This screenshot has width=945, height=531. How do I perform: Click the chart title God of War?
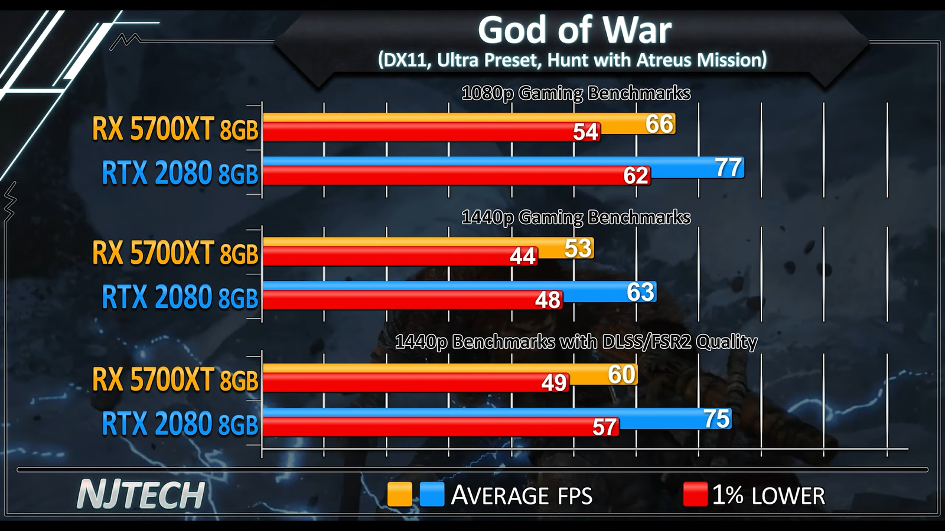pyautogui.click(x=574, y=31)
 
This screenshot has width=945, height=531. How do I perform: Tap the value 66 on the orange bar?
pyautogui.click(x=659, y=124)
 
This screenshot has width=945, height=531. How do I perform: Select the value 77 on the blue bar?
pyautogui.click(x=728, y=168)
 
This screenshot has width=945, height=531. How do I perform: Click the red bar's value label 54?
pyautogui.click(x=586, y=132)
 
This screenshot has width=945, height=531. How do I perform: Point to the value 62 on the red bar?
pyautogui.click(x=636, y=176)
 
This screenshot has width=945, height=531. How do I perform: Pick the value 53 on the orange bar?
pyautogui.click(x=578, y=248)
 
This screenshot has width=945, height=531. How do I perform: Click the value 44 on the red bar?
pyautogui.click(x=523, y=257)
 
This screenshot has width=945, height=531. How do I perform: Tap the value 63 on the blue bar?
pyautogui.click(x=640, y=292)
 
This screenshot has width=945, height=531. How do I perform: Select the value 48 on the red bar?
pyautogui.click(x=548, y=300)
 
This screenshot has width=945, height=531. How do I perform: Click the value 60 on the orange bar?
pyautogui.click(x=621, y=375)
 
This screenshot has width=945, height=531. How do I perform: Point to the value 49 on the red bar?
pyautogui.click(x=554, y=383)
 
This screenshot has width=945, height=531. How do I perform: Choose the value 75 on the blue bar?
pyautogui.click(x=716, y=419)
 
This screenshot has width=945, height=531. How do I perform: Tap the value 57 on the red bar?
pyautogui.click(x=604, y=427)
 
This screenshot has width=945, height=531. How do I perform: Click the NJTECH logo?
pyautogui.click(x=141, y=495)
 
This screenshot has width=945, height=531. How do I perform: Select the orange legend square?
pyautogui.click(x=399, y=494)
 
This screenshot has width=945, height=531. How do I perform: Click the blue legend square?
pyautogui.click(x=432, y=494)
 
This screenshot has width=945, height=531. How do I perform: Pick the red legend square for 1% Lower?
pyautogui.click(x=695, y=494)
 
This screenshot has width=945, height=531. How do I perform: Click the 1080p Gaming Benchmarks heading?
pyautogui.click(x=576, y=93)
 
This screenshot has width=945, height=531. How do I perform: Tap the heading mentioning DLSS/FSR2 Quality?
pyautogui.click(x=576, y=342)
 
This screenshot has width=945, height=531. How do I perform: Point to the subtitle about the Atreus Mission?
pyautogui.click(x=572, y=60)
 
